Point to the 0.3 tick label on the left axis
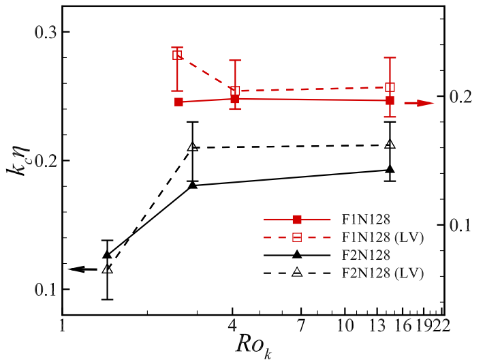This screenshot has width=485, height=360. tap(42, 32)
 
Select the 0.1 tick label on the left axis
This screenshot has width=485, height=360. tap(42, 289)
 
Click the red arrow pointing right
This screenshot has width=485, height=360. tap(419, 103)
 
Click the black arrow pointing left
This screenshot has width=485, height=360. tap(83, 269)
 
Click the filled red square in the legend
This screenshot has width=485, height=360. tap(297, 220)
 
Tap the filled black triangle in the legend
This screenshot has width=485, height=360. tap(297, 255)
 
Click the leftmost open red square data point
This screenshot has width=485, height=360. tap(177, 55)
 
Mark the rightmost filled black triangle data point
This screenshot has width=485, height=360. tap(390, 170)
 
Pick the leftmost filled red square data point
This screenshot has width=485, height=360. tap(178, 102)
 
